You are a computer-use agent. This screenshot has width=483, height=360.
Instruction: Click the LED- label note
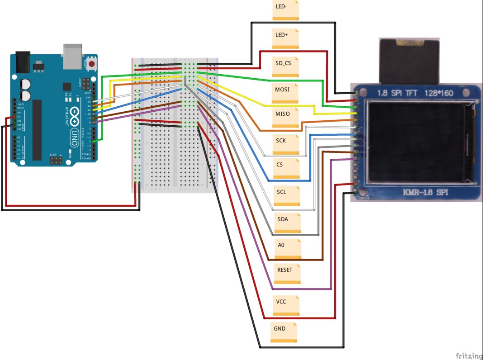285,9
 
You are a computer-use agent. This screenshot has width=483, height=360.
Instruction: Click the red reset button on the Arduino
92,64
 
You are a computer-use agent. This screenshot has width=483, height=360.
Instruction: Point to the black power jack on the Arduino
22,62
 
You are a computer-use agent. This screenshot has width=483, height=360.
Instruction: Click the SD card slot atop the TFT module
409,59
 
